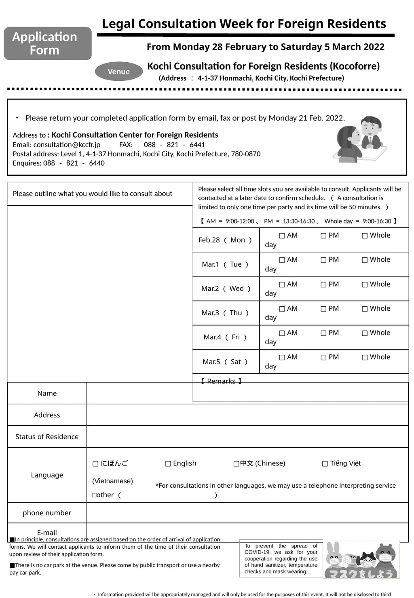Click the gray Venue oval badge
[118, 72]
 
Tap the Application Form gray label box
[48, 44]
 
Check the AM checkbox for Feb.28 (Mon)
[282, 236]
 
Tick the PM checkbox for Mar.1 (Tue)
[323, 260]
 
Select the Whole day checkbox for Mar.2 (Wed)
[365, 284]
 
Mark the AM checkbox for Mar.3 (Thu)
[282, 309]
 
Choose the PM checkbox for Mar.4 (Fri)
[323, 333]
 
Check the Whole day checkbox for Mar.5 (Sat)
[365, 357]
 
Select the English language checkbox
[168, 464]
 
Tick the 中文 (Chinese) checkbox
[236, 464]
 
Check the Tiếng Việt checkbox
[325, 464]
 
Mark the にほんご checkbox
[95, 464]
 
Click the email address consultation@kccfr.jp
[67, 145]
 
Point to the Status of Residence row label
[47, 437]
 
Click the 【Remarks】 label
[221, 381]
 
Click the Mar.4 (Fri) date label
[225, 337]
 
